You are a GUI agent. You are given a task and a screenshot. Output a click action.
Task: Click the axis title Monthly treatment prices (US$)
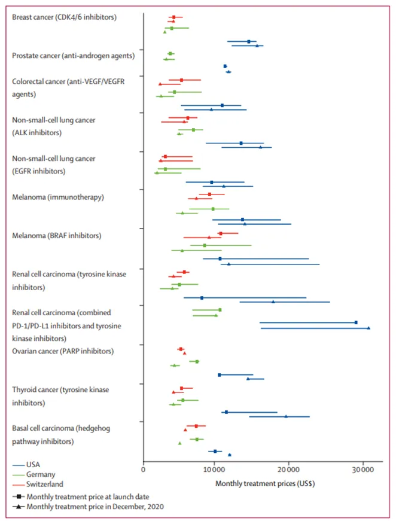click(264, 483)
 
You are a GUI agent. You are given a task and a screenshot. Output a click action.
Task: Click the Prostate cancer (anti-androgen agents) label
click(73, 56)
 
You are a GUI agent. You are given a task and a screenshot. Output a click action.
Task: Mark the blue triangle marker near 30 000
click(368, 328)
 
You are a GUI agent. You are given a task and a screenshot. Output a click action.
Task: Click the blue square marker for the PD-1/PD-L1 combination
click(356, 322)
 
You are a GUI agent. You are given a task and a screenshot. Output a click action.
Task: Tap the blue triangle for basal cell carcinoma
click(230, 455)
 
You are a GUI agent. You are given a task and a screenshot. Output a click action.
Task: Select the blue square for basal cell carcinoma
click(215, 451)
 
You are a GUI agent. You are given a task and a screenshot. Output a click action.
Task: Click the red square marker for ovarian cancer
click(181, 349)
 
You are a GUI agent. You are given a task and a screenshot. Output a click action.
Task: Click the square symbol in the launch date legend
click(20, 496)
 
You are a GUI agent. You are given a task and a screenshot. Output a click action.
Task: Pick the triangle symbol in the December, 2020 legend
click(20, 507)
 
